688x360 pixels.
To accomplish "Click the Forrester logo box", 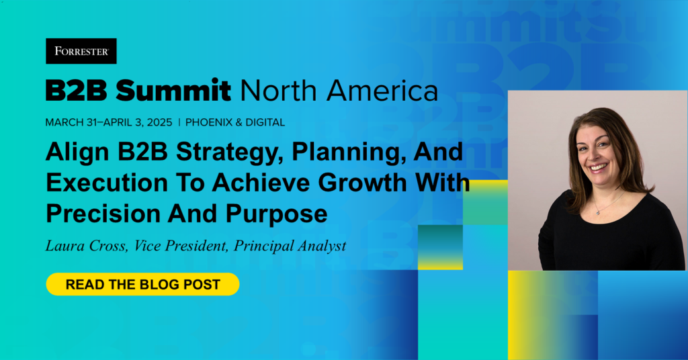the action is tap(81, 51).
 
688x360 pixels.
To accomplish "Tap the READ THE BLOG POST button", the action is tap(142, 284).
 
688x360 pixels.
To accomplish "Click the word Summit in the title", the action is tap(173, 90).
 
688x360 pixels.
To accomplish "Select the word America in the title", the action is tap(382, 90).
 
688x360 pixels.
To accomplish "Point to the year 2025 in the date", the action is tap(160, 122).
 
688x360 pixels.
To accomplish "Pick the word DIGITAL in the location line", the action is tap(265, 122).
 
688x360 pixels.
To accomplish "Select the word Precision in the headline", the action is tap(103, 214).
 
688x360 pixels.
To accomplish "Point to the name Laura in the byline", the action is tap(64, 246).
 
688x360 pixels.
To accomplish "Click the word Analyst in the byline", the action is tap(322, 246).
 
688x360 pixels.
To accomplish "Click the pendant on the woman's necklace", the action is tap(597, 212).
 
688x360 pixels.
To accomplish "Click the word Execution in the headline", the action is tap(107, 183).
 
